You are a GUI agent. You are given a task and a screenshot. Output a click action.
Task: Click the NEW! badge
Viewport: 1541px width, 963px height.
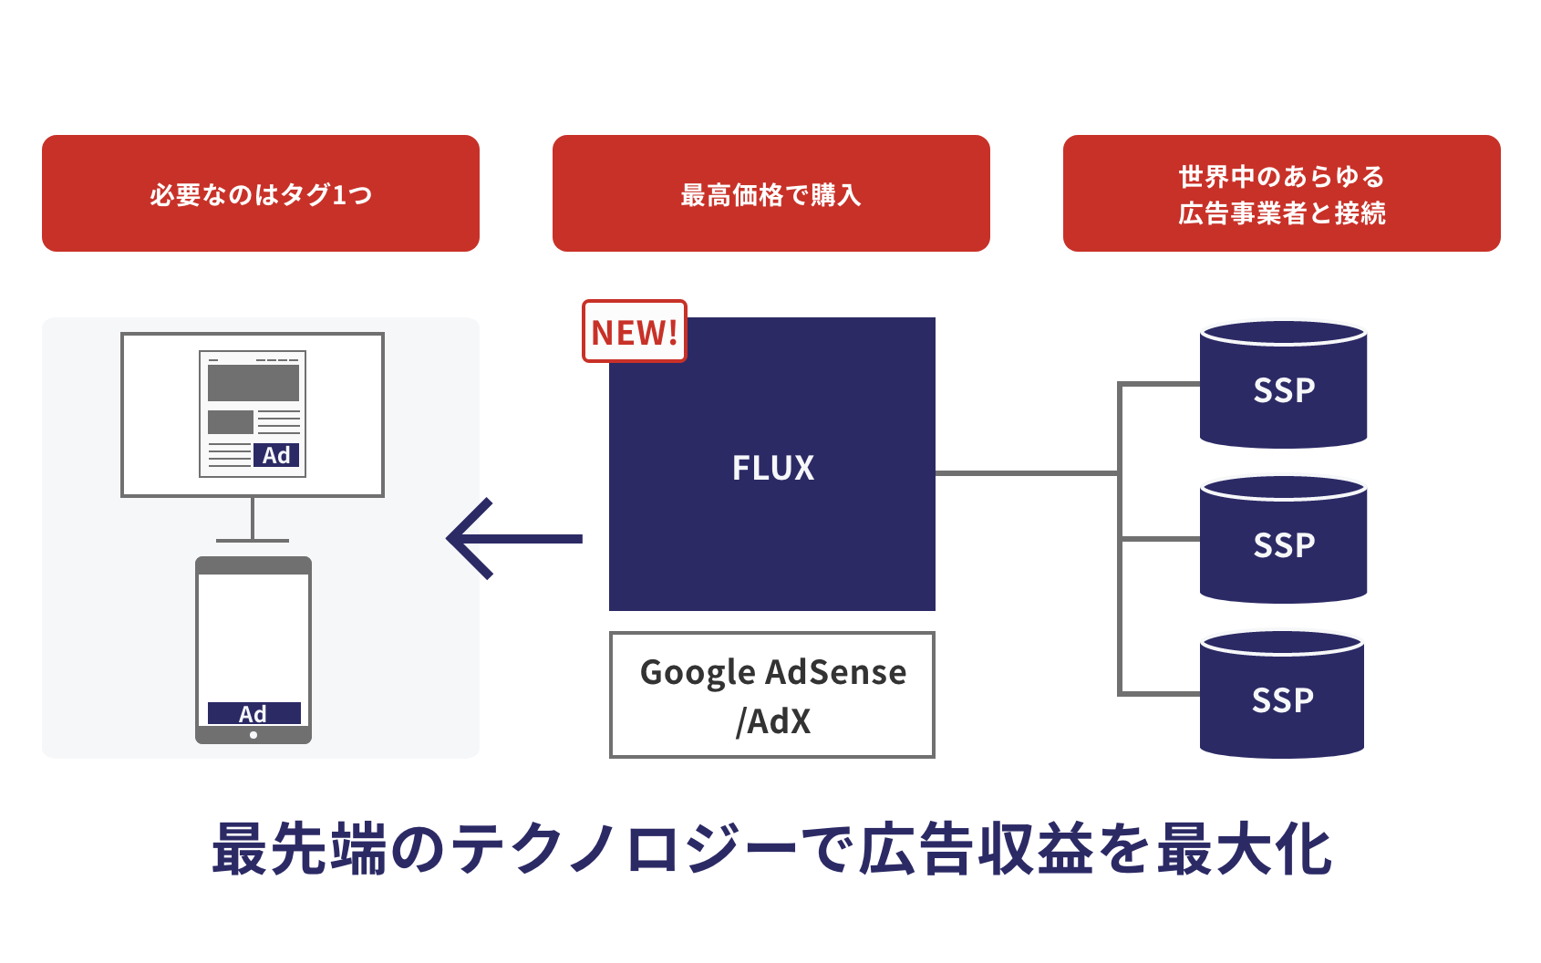(x=634, y=331)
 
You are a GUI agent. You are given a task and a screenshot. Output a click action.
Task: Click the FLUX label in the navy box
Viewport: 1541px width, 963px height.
(x=772, y=468)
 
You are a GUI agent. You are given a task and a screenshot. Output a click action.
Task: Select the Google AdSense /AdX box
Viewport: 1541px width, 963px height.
(x=771, y=695)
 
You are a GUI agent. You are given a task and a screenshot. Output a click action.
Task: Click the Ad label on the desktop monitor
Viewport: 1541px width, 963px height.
(x=276, y=455)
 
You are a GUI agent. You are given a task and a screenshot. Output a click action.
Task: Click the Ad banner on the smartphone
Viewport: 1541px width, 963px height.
(x=253, y=713)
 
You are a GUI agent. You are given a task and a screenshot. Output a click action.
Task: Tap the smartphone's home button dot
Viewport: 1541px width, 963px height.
(x=253, y=735)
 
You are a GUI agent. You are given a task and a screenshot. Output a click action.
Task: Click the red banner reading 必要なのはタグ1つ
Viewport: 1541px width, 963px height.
(x=261, y=193)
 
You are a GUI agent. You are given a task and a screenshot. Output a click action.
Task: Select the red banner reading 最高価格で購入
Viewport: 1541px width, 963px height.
(x=771, y=193)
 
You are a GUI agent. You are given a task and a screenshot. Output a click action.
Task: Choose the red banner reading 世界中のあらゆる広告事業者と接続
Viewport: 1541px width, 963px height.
(x=1281, y=193)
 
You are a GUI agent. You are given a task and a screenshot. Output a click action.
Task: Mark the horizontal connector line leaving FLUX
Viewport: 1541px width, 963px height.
(x=1026, y=473)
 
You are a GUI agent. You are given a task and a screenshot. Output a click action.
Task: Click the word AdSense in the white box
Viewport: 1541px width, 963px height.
(x=836, y=672)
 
